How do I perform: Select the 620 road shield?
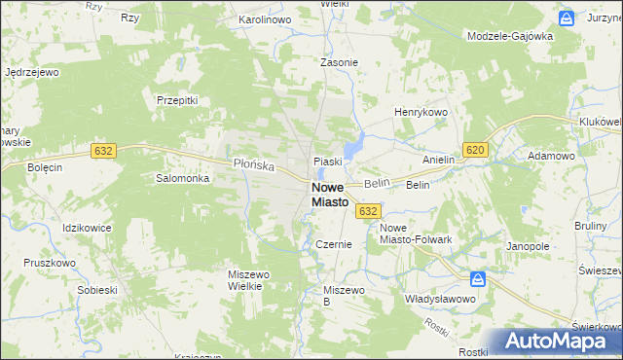coord(475,149)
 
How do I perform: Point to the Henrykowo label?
coord(420,113)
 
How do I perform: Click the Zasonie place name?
coord(340,62)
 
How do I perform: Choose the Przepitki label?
coord(177,99)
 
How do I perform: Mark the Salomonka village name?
coord(183,179)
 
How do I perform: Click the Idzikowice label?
coord(87,228)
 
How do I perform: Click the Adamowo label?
coord(551,156)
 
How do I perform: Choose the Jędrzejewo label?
coord(33,72)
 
